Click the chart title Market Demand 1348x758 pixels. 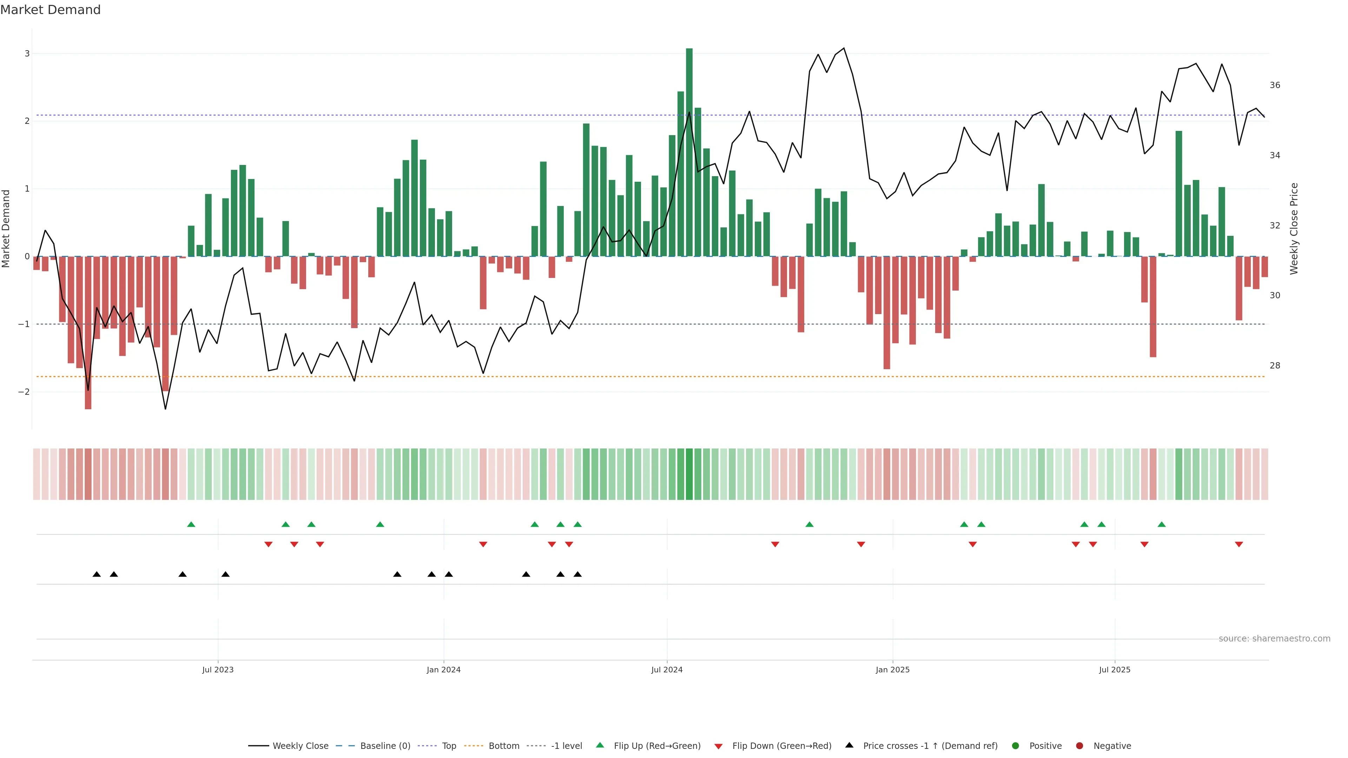(50, 10)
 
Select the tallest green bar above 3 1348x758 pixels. (689, 152)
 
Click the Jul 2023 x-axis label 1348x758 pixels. (218, 670)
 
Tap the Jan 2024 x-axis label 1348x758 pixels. (443, 670)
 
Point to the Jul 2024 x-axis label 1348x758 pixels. (667, 670)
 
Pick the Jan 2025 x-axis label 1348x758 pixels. (892, 670)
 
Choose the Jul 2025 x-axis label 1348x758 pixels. (1115, 670)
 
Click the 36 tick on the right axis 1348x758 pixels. (1275, 85)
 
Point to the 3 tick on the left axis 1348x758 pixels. (27, 53)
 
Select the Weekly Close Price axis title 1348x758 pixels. (1294, 228)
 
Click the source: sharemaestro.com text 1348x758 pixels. (1274, 639)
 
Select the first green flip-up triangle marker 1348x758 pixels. (191, 524)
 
